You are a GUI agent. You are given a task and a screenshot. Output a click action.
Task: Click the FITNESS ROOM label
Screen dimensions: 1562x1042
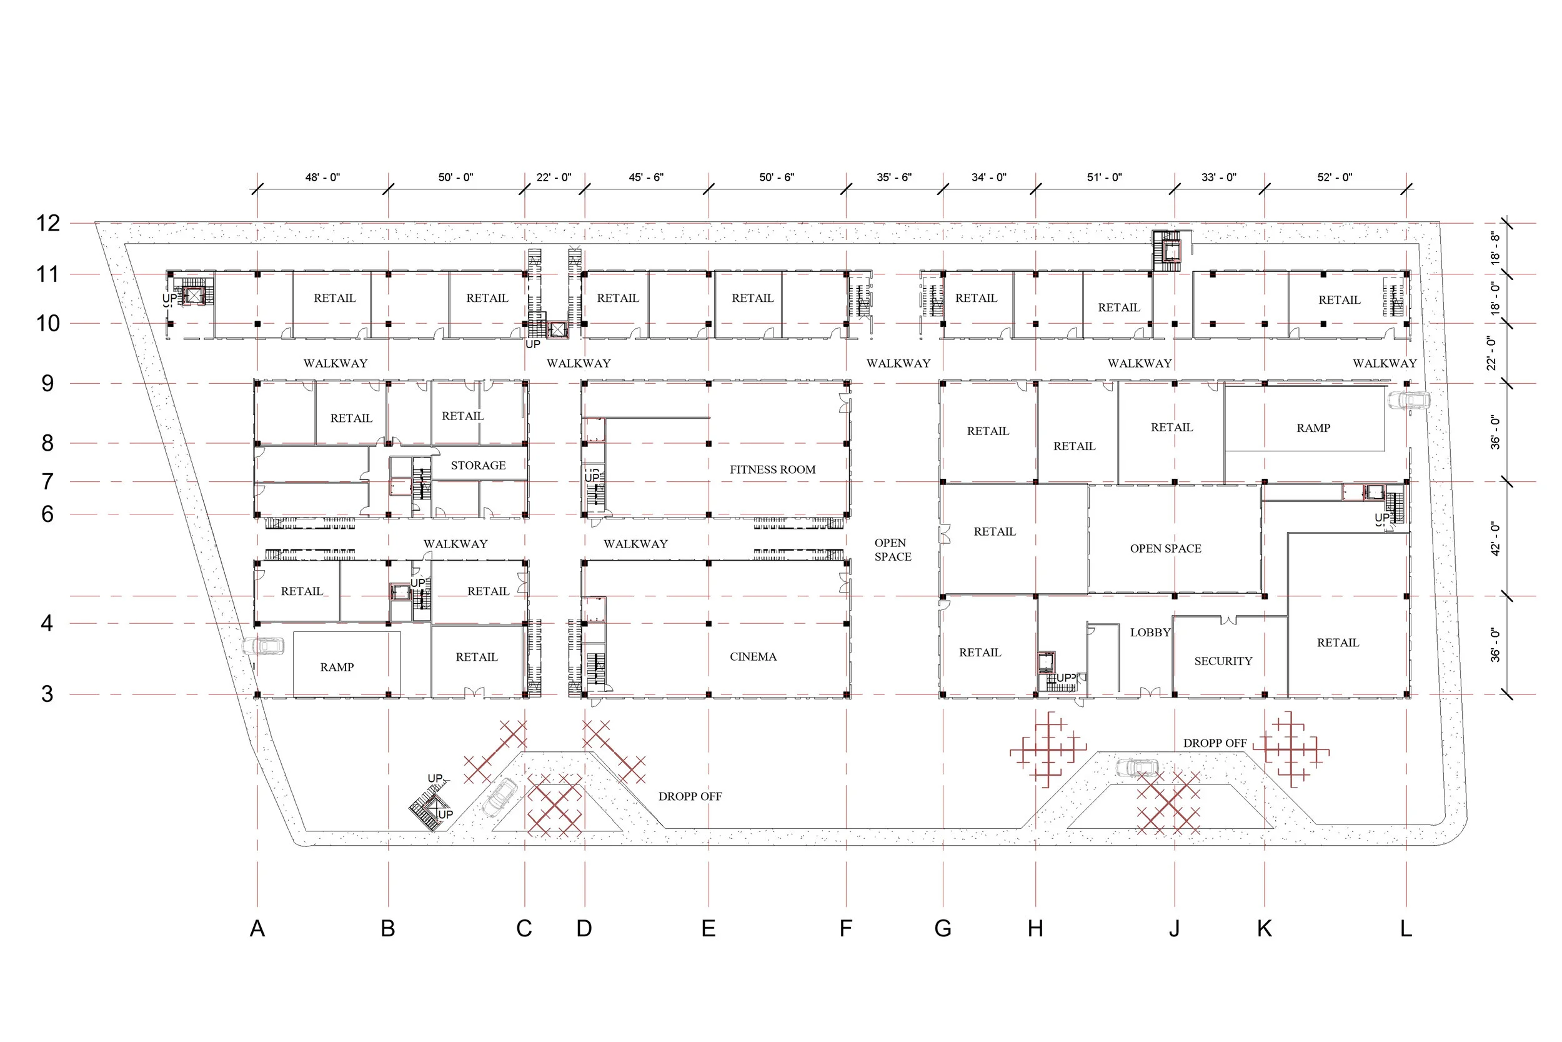pyautogui.click(x=772, y=470)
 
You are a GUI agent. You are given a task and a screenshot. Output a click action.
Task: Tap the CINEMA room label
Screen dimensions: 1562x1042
pyautogui.click(x=753, y=656)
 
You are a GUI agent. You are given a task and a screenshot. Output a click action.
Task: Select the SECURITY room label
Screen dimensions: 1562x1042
pyautogui.click(x=1223, y=661)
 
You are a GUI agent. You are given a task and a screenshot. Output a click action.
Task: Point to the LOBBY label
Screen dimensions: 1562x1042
pyautogui.click(x=1150, y=633)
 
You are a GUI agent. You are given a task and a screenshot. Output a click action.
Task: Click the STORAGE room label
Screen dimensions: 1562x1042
pyautogui.click(x=478, y=466)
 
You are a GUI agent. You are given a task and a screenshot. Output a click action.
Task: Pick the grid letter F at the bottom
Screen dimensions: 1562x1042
pyautogui.click(x=845, y=928)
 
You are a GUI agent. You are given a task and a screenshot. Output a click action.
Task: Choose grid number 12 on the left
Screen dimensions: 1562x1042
pyautogui.click(x=48, y=223)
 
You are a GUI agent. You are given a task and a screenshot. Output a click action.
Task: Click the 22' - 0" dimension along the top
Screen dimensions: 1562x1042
pyautogui.click(x=554, y=178)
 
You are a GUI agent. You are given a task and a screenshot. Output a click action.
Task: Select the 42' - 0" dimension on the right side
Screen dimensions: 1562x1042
pyautogui.click(x=1495, y=539)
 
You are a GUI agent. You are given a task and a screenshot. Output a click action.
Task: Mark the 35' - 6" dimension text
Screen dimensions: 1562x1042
pyautogui.click(x=894, y=178)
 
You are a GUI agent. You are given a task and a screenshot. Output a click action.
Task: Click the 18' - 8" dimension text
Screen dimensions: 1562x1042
pyautogui.click(x=1495, y=248)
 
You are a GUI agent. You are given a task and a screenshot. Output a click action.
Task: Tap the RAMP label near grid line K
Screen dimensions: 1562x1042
pyautogui.click(x=1313, y=428)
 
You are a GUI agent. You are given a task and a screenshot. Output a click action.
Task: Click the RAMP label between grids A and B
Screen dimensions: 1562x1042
pyautogui.click(x=337, y=667)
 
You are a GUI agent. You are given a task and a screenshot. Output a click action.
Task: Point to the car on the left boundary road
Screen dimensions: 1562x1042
pyautogui.click(x=263, y=646)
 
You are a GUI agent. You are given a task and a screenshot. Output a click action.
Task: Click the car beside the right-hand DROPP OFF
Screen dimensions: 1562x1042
pyautogui.click(x=1137, y=768)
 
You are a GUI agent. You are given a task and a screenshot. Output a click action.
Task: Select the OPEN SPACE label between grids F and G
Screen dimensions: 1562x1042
pyautogui.click(x=892, y=550)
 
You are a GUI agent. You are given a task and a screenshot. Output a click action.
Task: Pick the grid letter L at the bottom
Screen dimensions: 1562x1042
pyautogui.click(x=1406, y=928)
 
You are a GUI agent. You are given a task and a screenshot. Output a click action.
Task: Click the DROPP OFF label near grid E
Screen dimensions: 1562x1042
pyautogui.click(x=689, y=796)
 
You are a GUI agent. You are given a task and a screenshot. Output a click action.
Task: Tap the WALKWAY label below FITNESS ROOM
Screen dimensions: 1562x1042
pyautogui.click(x=635, y=544)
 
